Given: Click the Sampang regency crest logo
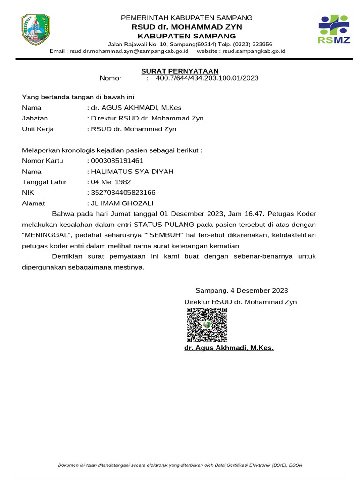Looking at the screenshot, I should pyautogui.click(x=36, y=30).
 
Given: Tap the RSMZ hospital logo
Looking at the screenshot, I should pyautogui.click(x=334, y=29).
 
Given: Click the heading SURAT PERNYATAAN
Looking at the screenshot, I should pyautogui.click(x=180, y=71).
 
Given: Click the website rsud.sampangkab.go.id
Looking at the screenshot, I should pyautogui.click(x=254, y=51).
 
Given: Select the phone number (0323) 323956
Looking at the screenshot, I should pyautogui.click(x=249, y=44).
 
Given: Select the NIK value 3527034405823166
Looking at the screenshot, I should pyautogui.click(x=124, y=193).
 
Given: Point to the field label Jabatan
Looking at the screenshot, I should pyautogui.click(x=35, y=118).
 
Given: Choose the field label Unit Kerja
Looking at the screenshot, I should pyautogui.click(x=38, y=129).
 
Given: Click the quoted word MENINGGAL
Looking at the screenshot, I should pyautogui.click(x=46, y=235).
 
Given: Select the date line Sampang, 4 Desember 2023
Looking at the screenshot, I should pyautogui.click(x=242, y=291).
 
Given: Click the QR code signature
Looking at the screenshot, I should pyautogui.click(x=207, y=324).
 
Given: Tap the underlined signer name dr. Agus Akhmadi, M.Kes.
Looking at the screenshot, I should pyautogui.click(x=229, y=348).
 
